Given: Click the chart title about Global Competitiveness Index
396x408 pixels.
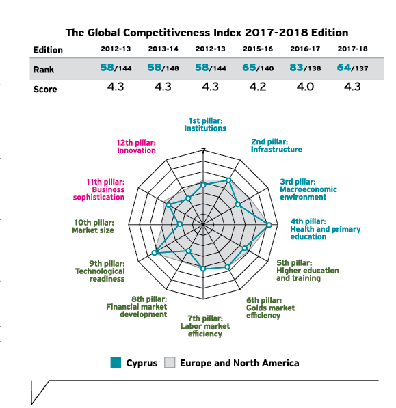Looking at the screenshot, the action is click(207, 33).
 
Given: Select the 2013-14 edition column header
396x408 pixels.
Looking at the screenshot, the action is click(163, 49).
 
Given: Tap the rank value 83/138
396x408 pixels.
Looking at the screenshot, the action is click(305, 68).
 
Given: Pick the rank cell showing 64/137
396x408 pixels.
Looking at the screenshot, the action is click(352, 68).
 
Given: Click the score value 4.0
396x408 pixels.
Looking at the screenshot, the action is click(305, 87).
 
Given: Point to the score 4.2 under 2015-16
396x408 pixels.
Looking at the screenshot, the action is click(258, 87).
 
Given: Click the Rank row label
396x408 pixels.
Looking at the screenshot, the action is click(44, 70).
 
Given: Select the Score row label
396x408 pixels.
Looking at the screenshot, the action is click(45, 90).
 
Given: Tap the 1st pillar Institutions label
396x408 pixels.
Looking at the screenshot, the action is click(205, 124).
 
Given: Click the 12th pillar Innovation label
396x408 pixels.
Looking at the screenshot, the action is click(136, 146).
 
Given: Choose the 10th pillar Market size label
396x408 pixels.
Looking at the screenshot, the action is click(93, 226).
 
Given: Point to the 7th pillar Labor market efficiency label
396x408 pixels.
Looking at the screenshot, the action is click(205, 326).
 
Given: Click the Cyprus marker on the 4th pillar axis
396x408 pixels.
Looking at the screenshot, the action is click(269, 225).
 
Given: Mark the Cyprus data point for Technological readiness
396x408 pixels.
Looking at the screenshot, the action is click(154, 253).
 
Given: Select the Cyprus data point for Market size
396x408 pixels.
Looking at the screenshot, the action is click(180, 224).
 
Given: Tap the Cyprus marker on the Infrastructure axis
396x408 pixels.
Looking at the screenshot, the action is click(228, 180).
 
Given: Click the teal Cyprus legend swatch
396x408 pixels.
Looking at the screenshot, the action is click(116, 362).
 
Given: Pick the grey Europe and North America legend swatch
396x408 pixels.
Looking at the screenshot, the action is click(170, 362).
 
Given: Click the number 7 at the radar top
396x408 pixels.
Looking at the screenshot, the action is click(203, 150).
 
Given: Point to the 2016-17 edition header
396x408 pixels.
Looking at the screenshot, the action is click(305, 49).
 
